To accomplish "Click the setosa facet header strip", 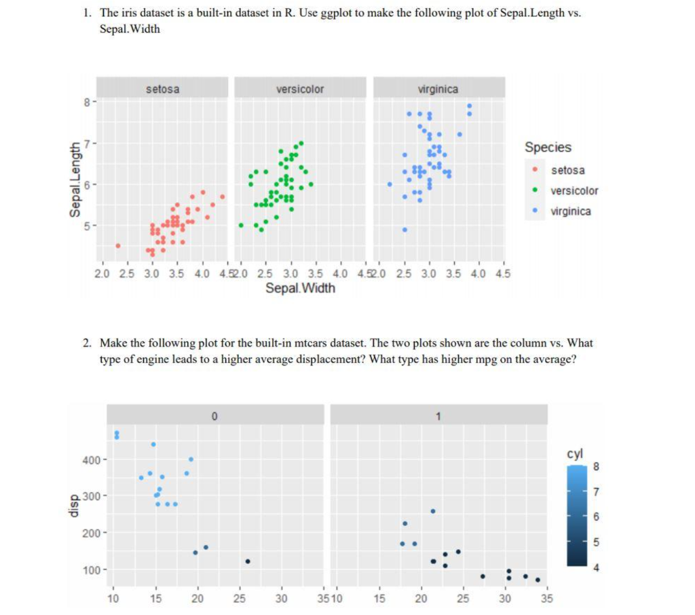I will (x=162, y=89).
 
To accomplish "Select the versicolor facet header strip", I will (x=300, y=89).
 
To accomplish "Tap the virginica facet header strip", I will (x=439, y=89).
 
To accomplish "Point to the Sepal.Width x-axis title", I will (x=300, y=288).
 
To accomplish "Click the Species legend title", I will (x=548, y=147).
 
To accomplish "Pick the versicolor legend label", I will (x=574, y=191).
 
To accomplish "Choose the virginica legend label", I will (x=570, y=211).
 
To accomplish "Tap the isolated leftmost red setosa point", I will (x=118, y=245).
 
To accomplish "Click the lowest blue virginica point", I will (x=405, y=229).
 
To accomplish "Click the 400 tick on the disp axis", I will (x=91, y=460).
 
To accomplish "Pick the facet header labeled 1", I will (x=438, y=416).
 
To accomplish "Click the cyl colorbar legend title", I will (x=574, y=453).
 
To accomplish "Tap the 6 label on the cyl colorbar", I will (x=597, y=517).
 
